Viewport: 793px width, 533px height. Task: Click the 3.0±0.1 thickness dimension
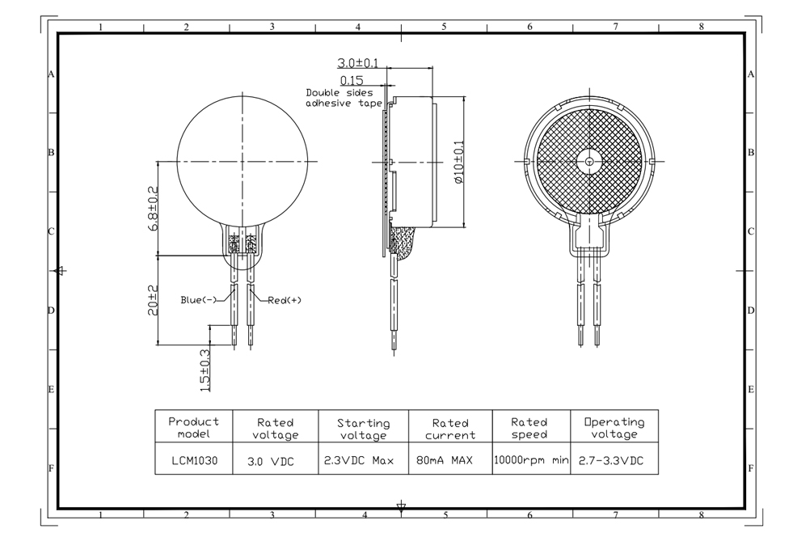(x=357, y=63)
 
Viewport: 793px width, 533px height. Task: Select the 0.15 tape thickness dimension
(x=352, y=81)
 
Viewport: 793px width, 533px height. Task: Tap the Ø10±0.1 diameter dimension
(x=458, y=162)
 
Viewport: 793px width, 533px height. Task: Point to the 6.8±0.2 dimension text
(x=153, y=209)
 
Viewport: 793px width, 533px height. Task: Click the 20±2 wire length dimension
(x=153, y=300)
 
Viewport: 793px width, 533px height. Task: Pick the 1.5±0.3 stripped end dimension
(x=205, y=370)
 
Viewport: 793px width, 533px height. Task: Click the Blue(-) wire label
(x=198, y=299)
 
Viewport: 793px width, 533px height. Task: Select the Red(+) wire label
(x=285, y=300)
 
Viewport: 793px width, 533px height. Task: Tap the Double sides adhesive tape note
(x=344, y=98)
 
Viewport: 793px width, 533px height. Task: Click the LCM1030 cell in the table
(x=194, y=461)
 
